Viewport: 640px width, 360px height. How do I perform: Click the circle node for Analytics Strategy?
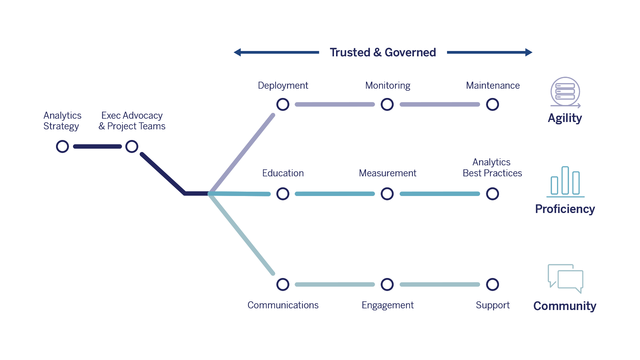pos(62,146)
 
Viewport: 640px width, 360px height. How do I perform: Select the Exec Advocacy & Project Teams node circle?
pos(132,146)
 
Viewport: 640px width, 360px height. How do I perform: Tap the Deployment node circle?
pos(283,104)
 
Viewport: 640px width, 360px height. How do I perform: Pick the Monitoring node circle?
pos(387,104)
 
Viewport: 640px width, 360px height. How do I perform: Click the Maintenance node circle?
pos(492,104)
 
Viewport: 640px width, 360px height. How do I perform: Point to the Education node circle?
pos(283,194)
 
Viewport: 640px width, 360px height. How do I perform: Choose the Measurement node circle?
pos(387,194)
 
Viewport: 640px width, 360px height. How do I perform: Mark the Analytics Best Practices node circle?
pos(492,194)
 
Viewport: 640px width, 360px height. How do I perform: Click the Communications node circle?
pos(283,284)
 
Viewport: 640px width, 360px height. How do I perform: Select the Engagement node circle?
pos(387,284)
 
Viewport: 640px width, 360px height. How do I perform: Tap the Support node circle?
pos(492,284)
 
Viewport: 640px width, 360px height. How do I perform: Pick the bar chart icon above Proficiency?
pos(565,182)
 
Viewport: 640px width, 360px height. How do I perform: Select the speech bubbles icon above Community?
pos(565,279)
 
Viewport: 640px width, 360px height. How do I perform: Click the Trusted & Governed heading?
pos(383,52)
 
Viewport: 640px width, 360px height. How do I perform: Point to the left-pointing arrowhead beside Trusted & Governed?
pos(237,52)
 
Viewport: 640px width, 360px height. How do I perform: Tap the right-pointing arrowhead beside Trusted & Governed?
pos(529,52)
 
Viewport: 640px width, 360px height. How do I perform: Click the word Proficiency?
pos(565,209)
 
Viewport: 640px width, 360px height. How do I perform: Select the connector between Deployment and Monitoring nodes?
pos(335,104)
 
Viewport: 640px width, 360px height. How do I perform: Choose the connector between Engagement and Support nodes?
pos(440,284)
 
